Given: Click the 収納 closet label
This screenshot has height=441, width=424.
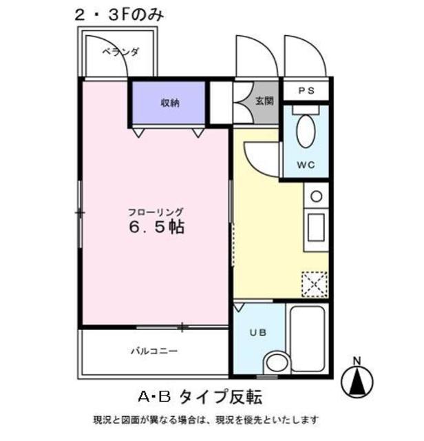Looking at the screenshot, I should [170, 103].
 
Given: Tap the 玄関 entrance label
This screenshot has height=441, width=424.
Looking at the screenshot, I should [264, 101].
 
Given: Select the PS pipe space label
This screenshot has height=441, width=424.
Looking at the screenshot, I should [307, 90].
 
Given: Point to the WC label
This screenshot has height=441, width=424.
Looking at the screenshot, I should [306, 165].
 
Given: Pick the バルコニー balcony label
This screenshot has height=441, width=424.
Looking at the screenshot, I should [155, 351].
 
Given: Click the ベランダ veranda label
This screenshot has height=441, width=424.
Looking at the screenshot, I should [121, 52].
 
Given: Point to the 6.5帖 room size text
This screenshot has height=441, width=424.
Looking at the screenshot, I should [156, 227].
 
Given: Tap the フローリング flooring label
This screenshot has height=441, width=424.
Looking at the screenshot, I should [155, 212].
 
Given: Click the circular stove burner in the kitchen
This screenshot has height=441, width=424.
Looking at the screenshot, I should [316, 196].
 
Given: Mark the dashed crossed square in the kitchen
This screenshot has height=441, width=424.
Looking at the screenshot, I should [315, 283].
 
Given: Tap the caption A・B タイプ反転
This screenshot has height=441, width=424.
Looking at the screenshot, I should [200, 397].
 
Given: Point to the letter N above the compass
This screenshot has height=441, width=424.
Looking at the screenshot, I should [357, 360].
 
